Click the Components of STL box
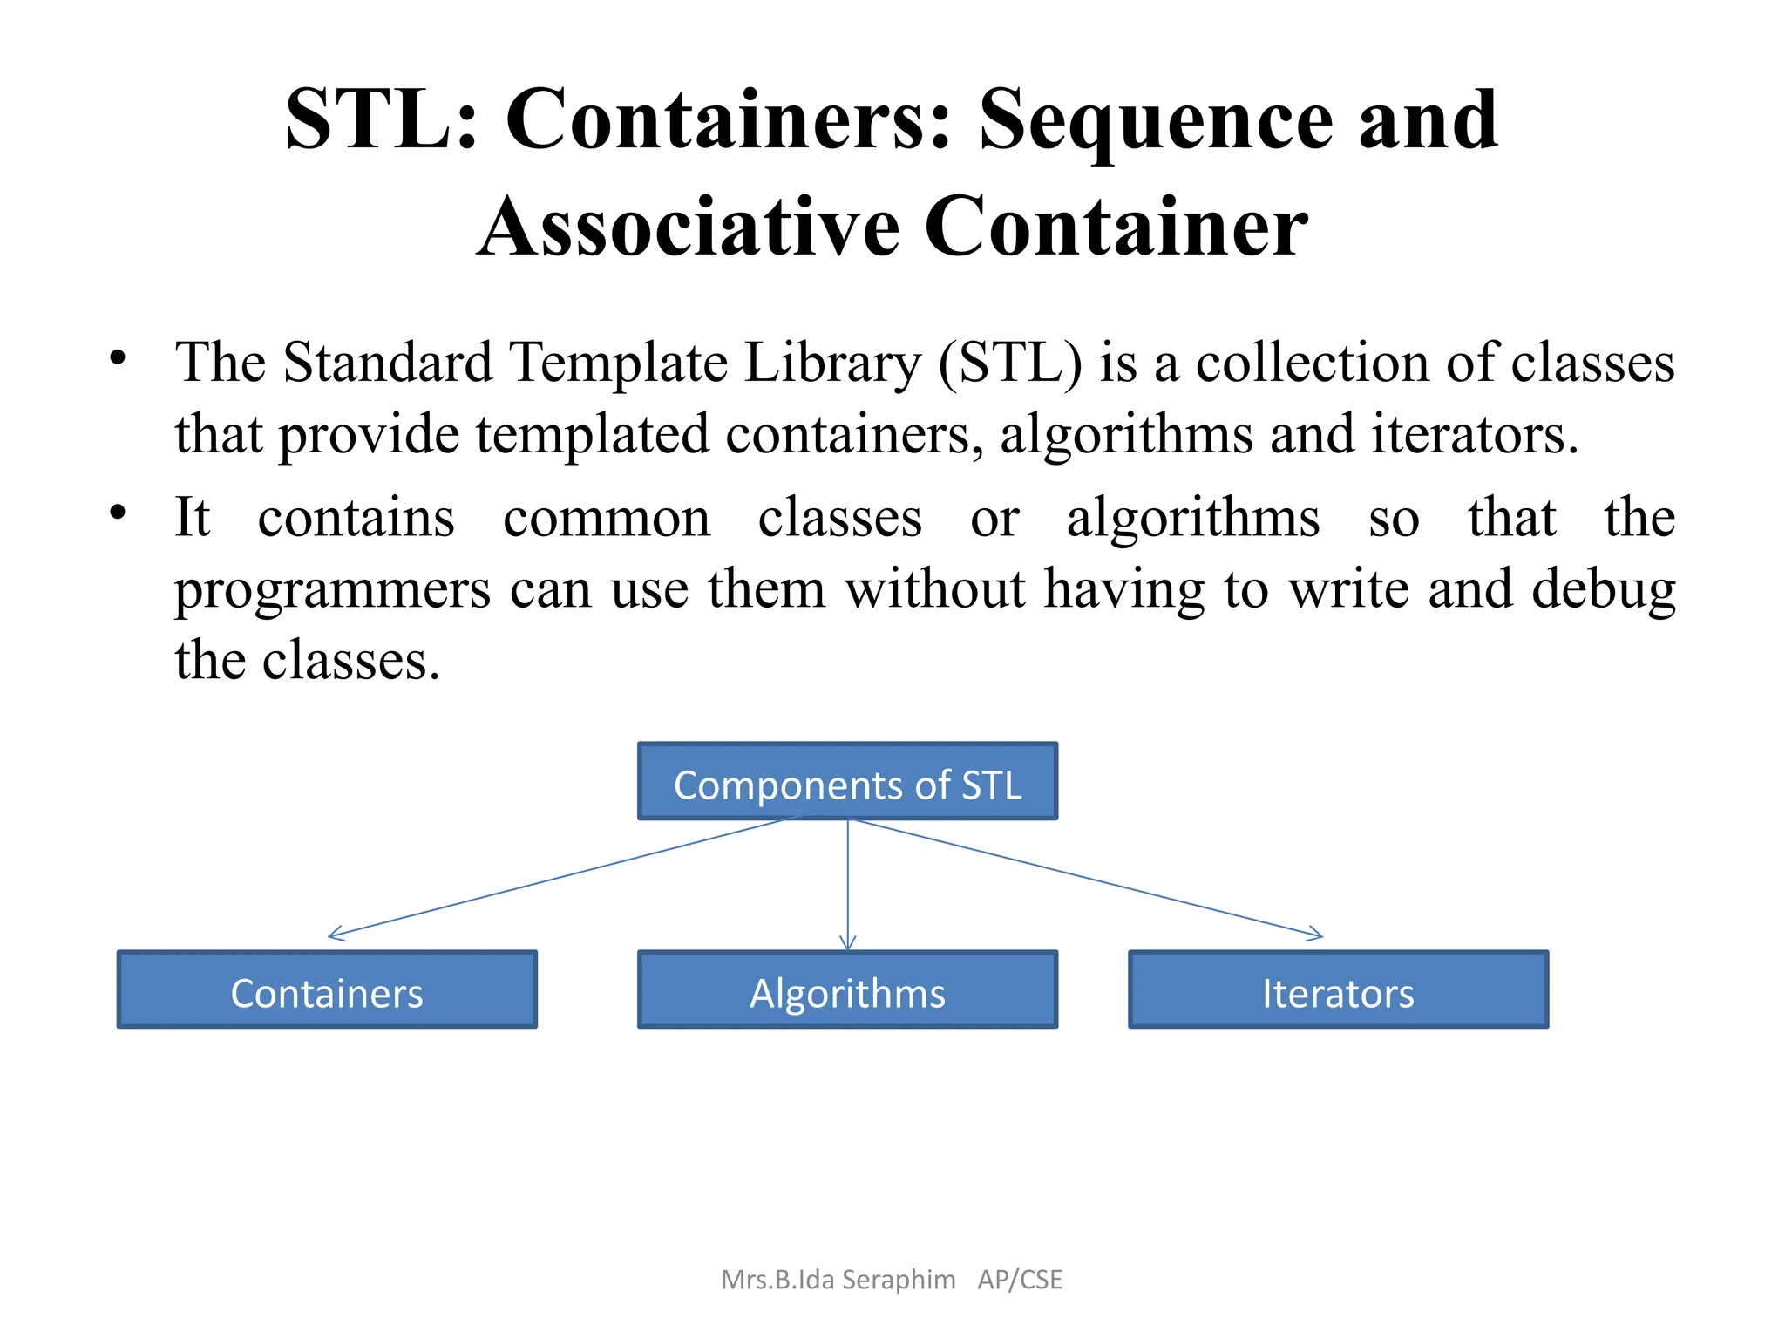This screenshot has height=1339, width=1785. click(x=847, y=782)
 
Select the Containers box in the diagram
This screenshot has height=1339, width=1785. click(x=327, y=990)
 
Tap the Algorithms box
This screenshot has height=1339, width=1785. click(x=847, y=990)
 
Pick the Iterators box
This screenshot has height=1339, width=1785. click(x=1338, y=990)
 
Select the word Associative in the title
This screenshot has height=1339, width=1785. click(x=689, y=227)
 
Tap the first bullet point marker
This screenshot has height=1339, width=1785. click(x=118, y=358)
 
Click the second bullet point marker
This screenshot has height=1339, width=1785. click(x=118, y=513)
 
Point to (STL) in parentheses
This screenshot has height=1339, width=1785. click(x=1010, y=362)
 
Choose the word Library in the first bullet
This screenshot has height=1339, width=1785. click(x=832, y=364)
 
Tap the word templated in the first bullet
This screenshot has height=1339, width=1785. click(x=593, y=434)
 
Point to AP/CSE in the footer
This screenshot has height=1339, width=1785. click(x=1020, y=1280)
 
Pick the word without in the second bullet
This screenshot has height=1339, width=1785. click(x=935, y=589)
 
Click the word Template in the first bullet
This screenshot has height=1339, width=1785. click(x=618, y=364)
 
